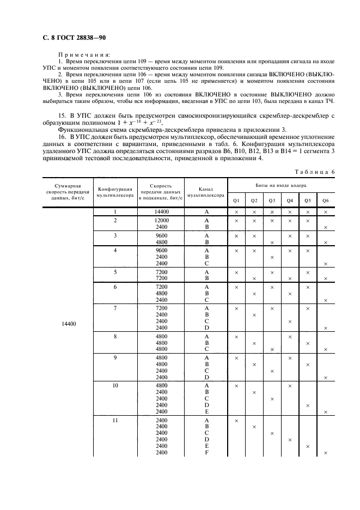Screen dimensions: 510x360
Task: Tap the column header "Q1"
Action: click(237, 200)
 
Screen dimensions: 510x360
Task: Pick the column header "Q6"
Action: click(325, 200)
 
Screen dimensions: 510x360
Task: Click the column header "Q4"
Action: click(290, 200)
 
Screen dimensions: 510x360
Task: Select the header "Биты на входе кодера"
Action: click(280, 186)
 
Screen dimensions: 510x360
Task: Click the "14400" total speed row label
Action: click(69, 324)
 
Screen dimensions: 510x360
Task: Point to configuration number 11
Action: click(115, 420)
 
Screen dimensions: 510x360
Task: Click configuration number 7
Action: click(115, 308)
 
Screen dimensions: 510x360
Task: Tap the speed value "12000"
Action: click(162, 220)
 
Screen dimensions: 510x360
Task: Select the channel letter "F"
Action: click(206, 453)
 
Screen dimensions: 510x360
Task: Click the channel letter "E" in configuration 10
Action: click(206, 412)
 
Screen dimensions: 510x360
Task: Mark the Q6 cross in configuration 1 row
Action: click(325, 211)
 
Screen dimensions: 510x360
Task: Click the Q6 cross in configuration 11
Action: click(325, 453)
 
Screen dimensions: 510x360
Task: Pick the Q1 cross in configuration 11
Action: click(237, 420)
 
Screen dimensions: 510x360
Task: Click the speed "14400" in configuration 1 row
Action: click(162, 211)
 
